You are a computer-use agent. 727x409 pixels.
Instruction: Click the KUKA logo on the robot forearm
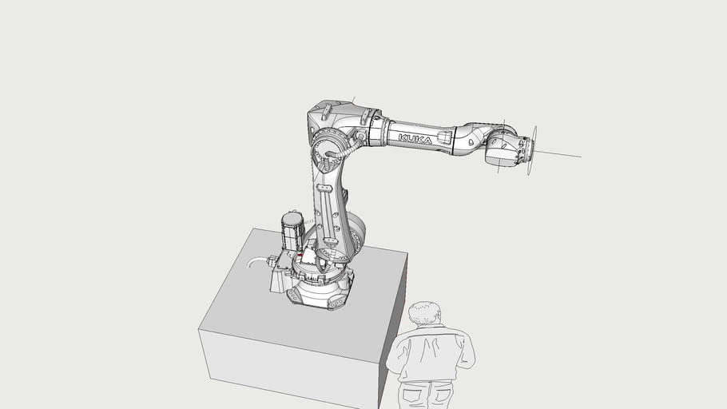pyautogui.click(x=415, y=139)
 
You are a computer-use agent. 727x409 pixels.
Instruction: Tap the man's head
pyautogui.click(x=423, y=314)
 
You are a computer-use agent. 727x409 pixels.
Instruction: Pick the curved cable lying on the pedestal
pyautogui.click(x=257, y=260)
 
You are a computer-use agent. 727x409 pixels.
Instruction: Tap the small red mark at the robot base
pyautogui.click(x=299, y=256)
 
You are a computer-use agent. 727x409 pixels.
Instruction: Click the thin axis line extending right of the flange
pyautogui.click(x=559, y=153)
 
